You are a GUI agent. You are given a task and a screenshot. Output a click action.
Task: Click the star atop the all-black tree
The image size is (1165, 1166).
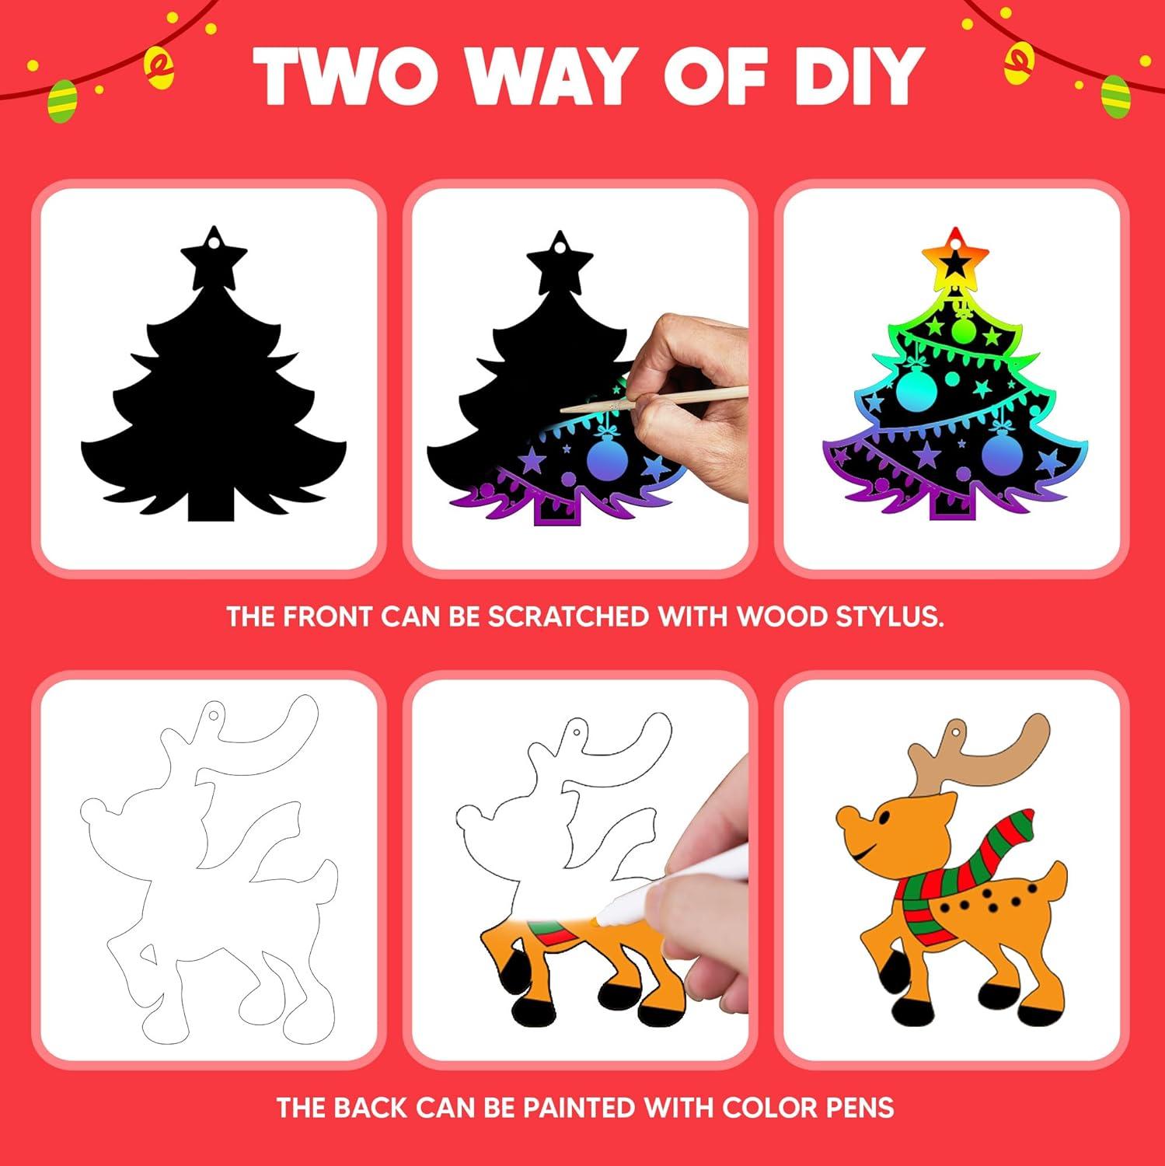click(213, 253)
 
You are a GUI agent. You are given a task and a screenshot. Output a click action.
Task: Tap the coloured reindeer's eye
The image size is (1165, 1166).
click(884, 817)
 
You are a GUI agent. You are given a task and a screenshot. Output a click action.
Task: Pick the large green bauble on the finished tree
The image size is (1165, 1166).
click(919, 393)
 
